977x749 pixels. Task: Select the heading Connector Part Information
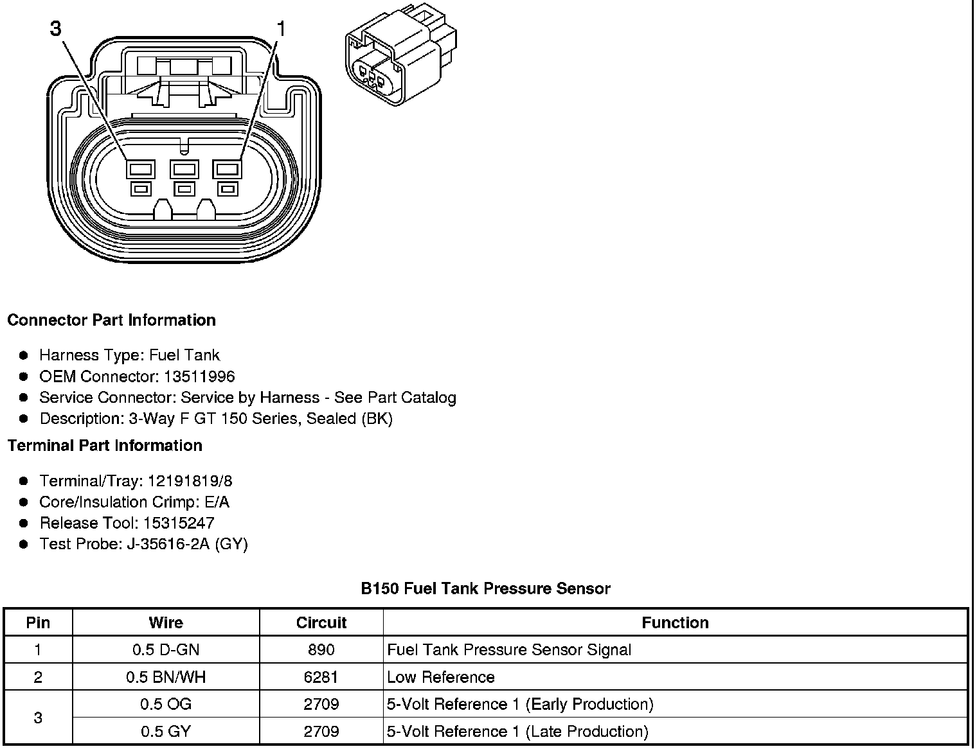[x=111, y=320]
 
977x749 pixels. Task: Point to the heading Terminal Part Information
[x=105, y=445]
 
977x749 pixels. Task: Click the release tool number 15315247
[x=179, y=523]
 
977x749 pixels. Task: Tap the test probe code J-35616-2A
[x=168, y=544]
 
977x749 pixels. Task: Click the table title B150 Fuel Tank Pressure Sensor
[x=485, y=588]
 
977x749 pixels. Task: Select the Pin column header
[x=38, y=622]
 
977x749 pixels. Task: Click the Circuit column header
[x=321, y=622]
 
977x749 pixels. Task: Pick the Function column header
[x=675, y=622]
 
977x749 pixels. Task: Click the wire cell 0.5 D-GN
[x=166, y=649]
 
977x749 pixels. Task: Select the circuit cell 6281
[x=321, y=677]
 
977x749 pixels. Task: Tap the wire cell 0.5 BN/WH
[x=166, y=677]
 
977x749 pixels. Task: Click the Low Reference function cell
[x=441, y=677]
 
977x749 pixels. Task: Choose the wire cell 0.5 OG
[x=166, y=704]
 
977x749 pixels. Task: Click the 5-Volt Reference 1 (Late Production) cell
[x=517, y=731]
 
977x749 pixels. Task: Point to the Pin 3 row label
[x=38, y=718]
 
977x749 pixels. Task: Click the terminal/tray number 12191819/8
[x=190, y=481]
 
